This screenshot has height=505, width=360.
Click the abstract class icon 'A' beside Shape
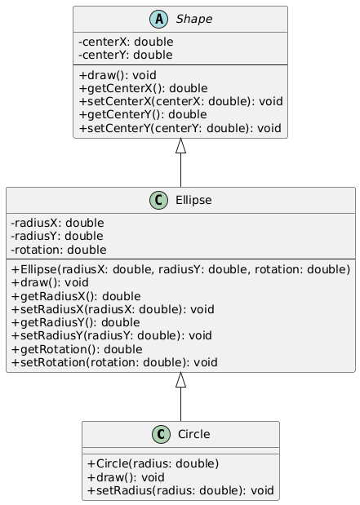(x=158, y=19)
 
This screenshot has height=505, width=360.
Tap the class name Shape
(x=194, y=19)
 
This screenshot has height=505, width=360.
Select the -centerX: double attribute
(x=126, y=42)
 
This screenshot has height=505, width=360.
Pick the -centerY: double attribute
(x=126, y=55)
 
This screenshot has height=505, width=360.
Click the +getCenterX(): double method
(x=144, y=88)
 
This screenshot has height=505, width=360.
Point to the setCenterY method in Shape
(x=180, y=128)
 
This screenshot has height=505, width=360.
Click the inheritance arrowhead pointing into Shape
(x=180, y=145)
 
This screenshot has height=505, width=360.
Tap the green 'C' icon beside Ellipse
(x=158, y=200)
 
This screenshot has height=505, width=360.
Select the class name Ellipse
(x=193, y=200)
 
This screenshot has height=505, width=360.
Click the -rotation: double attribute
(x=59, y=250)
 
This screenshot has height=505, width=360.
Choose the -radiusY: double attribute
(x=57, y=236)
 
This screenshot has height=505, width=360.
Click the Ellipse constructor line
(x=180, y=269)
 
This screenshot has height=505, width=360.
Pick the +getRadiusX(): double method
(x=76, y=296)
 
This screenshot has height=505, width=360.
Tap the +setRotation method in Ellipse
(x=114, y=362)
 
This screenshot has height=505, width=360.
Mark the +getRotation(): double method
(x=77, y=349)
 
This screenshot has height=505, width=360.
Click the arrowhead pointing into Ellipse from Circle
(x=180, y=379)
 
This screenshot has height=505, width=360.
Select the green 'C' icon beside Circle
(x=161, y=434)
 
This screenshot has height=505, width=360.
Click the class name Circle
(x=194, y=434)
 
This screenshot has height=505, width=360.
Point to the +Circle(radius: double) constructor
(x=153, y=463)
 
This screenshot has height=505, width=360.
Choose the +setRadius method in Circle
(x=180, y=490)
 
